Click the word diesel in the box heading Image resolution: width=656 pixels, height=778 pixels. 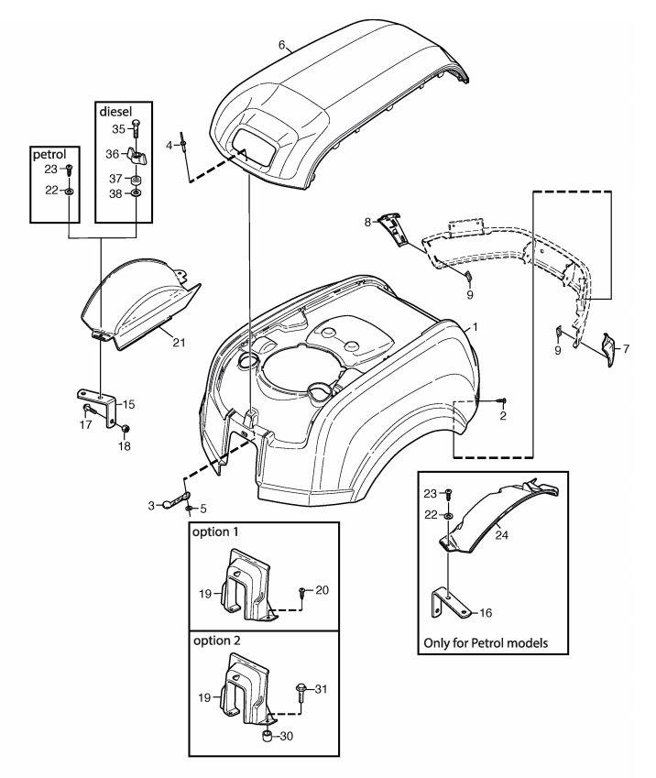click(116, 108)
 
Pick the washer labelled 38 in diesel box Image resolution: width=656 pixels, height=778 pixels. click(136, 194)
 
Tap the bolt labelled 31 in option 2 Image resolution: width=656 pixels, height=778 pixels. click(301, 688)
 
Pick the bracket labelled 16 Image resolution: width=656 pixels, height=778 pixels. click(442, 602)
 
